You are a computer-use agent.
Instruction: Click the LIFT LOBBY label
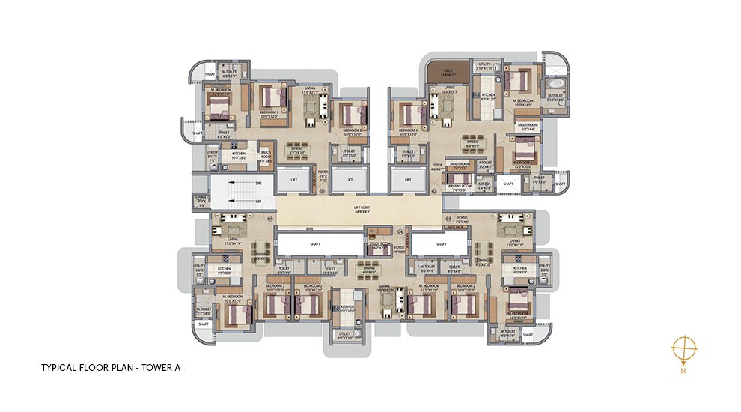pos(362,209)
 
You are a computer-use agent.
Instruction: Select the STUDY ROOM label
pos(378,245)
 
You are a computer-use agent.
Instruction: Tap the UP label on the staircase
pos(257,202)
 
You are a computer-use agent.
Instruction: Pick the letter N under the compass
pos(684,370)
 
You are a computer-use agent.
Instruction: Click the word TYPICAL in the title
pos(59,368)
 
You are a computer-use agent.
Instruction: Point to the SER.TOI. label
pos(484,184)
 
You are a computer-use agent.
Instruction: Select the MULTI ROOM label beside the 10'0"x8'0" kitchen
pos(264,154)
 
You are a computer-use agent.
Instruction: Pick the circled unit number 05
pos(270,219)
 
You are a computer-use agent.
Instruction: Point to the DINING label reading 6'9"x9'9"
pos(473,142)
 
